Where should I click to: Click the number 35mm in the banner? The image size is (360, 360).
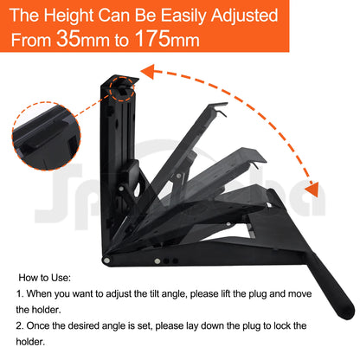pyautogui.click(x=77, y=39)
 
